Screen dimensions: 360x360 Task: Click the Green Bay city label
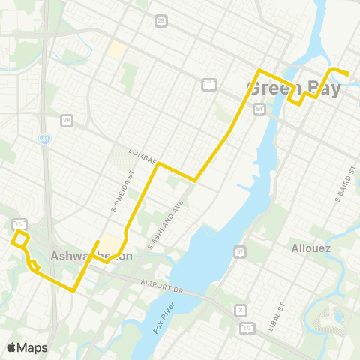coord(293,88)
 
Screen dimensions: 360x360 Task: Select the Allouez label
coord(306,247)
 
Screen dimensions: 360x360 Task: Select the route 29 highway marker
coord(162,21)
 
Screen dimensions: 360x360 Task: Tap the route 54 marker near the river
coord(259,109)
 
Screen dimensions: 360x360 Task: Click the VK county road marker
coord(67,120)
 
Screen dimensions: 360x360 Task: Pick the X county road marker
coord(241,310)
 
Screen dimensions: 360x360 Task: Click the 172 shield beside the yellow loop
coord(18,223)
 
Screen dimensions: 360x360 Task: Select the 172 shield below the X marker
coord(247,328)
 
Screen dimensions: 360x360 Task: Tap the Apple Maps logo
coord(27,347)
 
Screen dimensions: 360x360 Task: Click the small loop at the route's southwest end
coord(21,238)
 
